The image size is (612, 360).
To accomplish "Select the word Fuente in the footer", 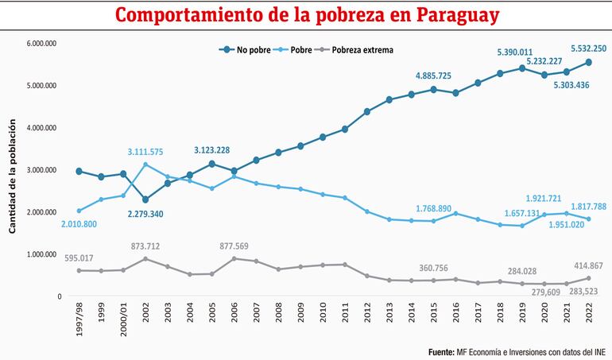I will (442, 350).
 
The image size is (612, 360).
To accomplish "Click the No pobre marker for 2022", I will (587, 62).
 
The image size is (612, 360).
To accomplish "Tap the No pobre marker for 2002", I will (145, 200).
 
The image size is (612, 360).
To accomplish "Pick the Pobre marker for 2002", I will (145, 165).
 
